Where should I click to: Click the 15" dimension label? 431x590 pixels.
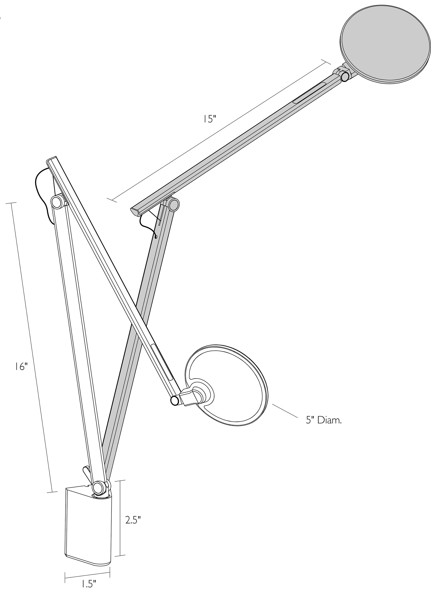210,119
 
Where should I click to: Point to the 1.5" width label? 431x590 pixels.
87,584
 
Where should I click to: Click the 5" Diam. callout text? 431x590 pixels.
324,420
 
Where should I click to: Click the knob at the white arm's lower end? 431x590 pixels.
174,400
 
